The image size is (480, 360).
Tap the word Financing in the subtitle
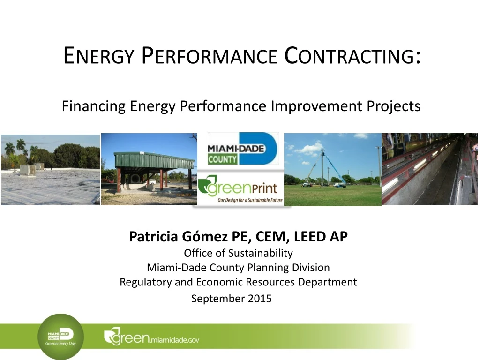point(94,107)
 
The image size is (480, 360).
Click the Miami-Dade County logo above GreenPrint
point(242,149)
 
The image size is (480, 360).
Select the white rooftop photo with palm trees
point(50,170)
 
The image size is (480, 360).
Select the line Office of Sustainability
point(238,254)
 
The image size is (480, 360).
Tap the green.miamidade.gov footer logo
point(151,337)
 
